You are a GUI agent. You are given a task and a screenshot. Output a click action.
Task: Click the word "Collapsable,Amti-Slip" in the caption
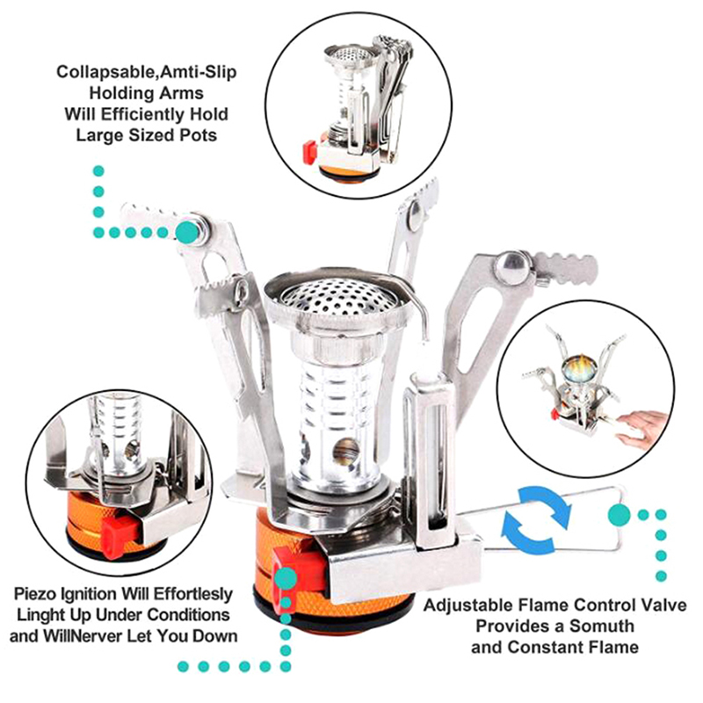[x=147, y=72]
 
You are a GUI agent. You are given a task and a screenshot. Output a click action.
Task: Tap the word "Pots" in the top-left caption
[x=199, y=135]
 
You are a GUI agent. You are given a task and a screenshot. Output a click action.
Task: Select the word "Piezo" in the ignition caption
[x=33, y=594]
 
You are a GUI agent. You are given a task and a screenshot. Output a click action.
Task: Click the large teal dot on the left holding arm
[x=187, y=232]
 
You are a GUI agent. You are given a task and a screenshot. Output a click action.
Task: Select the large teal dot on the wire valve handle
[x=620, y=515]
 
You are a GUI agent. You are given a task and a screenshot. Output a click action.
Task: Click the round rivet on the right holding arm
[x=513, y=269]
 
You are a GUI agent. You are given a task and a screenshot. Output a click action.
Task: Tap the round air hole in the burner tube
[x=345, y=450]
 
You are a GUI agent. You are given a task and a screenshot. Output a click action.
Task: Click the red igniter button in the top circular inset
[x=310, y=152]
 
